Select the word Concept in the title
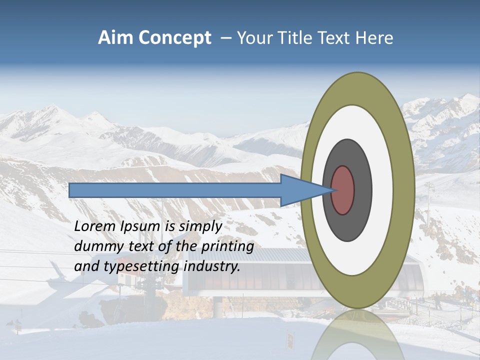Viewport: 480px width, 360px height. coord(174,38)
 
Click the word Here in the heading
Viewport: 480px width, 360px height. coord(375,38)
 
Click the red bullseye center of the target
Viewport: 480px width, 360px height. coord(343,190)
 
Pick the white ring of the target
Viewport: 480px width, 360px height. coord(382,190)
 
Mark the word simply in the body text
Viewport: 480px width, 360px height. coord(200,226)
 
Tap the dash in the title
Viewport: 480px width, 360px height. coord(225,38)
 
